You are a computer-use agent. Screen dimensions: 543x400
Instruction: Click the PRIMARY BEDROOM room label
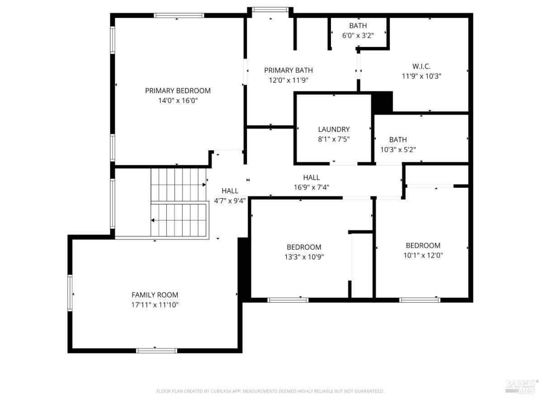click(x=178, y=91)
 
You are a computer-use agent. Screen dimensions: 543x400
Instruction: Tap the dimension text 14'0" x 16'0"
click(x=178, y=101)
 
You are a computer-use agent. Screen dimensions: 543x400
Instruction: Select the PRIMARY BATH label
click(x=288, y=70)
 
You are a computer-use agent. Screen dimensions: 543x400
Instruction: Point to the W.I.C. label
click(x=421, y=66)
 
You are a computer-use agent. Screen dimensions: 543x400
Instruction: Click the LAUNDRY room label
click(x=334, y=129)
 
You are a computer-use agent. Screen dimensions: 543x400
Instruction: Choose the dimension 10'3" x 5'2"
click(x=398, y=149)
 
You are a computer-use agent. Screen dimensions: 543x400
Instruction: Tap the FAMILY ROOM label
click(x=155, y=295)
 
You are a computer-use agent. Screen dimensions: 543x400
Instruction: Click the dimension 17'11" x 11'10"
click(x=155, y=305)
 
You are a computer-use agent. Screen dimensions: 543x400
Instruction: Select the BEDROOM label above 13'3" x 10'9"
click(x=304, y=247)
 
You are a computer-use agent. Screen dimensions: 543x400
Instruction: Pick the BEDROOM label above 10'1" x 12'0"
click(x=423, y=245)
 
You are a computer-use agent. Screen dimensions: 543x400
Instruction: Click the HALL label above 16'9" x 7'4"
click(x=312, y=177)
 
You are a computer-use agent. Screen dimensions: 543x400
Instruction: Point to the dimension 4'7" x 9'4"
click(x=230, y=201)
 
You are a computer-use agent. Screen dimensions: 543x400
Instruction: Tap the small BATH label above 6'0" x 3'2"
click(x=358, y=25)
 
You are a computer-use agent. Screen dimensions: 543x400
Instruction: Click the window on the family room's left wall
click(x=70, y=293)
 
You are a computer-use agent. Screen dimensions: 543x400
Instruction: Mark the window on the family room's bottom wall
click(x=156, y=351)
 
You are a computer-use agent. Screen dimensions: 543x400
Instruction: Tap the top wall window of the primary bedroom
click(x=179, y=15)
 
